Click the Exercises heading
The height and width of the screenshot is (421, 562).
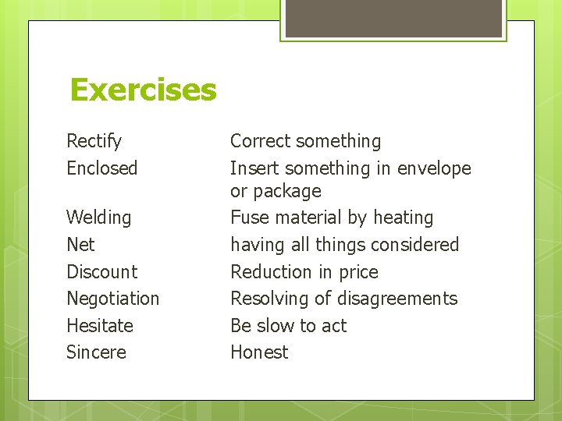(x=143, y=90)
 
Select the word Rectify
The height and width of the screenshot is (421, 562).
(x=94, y=141)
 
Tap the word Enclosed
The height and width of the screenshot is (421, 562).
(x=101, y=168)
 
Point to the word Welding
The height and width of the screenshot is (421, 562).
(x=98, y=218)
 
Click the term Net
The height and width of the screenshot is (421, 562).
(x=80, y=244)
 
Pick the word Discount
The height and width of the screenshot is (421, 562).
(x=101, y=271)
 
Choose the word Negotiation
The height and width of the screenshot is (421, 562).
(x=112, y=298)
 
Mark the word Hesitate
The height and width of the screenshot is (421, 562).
(x=100, y=325)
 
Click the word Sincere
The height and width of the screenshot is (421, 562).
(x=96, y=352)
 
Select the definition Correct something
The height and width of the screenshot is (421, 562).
(x=305, y=141)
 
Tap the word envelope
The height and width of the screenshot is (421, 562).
(x=434, y=168)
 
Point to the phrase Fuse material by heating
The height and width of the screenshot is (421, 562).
(x=331, y=218)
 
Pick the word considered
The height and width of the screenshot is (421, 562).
(x=414, y=244)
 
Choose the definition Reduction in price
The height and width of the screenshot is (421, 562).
(x=304, y=271)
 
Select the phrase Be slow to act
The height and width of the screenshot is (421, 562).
(x=288, y=325)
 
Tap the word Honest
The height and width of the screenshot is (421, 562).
(x=259, y=352)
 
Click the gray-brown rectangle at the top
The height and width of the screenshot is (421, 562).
(x=393, y=17)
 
